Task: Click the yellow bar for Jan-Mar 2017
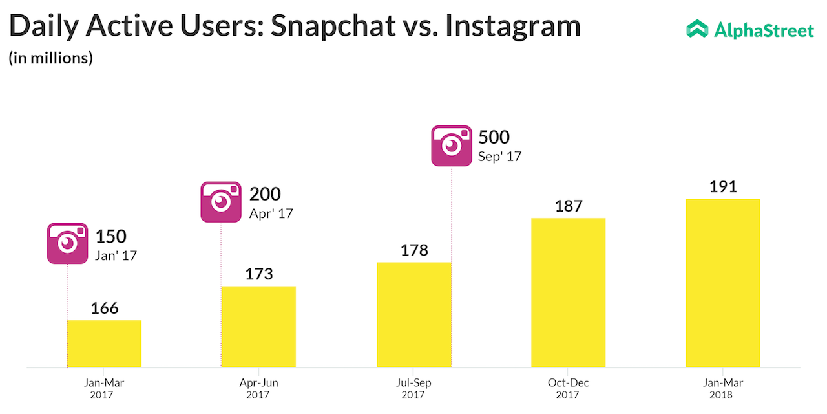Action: tap(104, 343)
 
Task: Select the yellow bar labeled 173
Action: tap(258, 327)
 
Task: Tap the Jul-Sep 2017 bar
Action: tap(413, 314)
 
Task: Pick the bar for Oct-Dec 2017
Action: tap(569, 292)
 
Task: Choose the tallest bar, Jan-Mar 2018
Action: tap(723, 283)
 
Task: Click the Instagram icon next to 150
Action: tap(67, 243)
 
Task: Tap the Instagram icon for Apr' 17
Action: tap(221, 202)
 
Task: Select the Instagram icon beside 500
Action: tap(452, 146)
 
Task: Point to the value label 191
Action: tap(723, 187)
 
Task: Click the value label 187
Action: tap(569, 206)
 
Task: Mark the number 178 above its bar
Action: tap(414, 250)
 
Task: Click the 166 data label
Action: tap(105, 308)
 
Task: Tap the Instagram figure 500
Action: tap(494, 137)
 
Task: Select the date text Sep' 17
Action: tap(499, 157)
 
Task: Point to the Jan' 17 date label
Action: tap(116, 256)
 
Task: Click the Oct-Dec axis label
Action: tap(569, 383)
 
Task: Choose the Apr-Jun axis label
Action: tap(258, 383)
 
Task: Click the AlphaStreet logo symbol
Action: tap(697, 28)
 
